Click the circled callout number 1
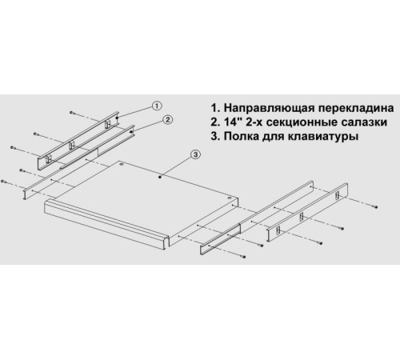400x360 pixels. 157,106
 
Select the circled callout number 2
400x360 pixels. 167,120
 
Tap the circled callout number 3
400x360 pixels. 195,154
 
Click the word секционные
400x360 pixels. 305,122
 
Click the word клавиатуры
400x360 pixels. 322,137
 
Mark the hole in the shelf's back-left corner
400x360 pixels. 122,165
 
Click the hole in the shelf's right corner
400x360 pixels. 230,198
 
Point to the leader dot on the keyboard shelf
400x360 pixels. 160,177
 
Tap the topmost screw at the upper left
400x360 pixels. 72,113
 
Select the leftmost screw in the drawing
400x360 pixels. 4,182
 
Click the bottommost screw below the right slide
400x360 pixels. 243,257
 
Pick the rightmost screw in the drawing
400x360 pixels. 375,206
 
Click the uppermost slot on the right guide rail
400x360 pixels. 338,195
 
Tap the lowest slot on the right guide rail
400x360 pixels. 278,230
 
